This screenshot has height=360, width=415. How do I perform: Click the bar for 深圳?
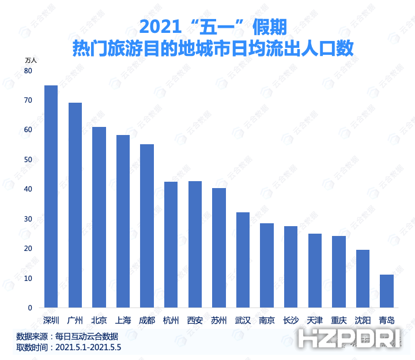click(51, 196)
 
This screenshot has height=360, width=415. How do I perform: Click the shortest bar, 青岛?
click(387, 291)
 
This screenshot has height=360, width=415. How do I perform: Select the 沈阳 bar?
click(363, 279)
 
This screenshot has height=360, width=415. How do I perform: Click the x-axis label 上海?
click(123, 320)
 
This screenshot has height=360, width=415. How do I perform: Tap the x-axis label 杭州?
click(171, 320)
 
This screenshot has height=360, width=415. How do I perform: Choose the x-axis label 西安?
click(195, 320)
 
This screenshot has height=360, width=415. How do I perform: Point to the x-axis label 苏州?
click(218, 320)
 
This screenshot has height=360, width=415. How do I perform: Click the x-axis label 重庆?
click(339, 320)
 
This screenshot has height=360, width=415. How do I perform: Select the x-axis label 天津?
click(315, 320)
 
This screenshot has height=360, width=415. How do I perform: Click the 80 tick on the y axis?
click(28, 70)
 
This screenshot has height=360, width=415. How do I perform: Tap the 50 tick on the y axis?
click(28, 160)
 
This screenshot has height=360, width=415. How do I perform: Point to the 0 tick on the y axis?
click(30, 308)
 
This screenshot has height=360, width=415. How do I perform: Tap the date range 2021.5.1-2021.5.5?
click(88, 348)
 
